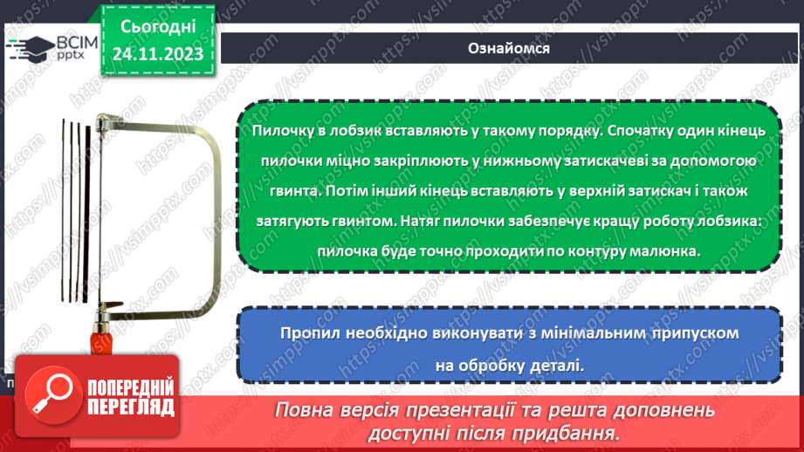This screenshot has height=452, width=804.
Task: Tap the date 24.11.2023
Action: [157, 54]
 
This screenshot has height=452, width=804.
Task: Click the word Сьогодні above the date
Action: [157, 26]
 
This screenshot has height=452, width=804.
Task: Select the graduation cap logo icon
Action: [26, 47]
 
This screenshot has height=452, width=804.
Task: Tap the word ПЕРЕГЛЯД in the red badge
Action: [118, 407]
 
